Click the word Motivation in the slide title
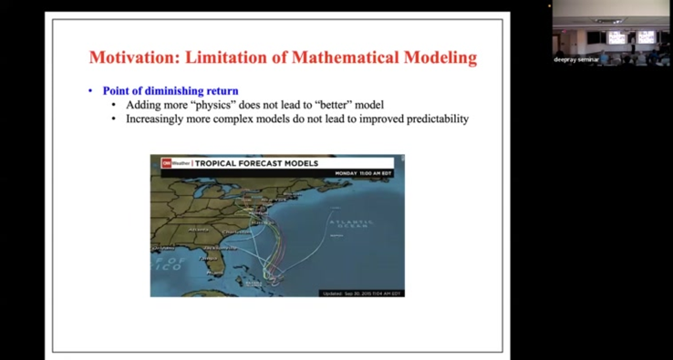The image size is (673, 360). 132,57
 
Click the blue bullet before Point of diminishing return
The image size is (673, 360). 90,91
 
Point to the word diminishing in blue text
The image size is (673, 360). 173,91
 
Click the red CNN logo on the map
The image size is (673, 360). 167,163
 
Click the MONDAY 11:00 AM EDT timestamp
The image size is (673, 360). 363,172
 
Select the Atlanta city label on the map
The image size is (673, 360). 198,230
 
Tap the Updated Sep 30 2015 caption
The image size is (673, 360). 361,293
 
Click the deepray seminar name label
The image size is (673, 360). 575,59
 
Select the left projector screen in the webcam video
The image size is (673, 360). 616,37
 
